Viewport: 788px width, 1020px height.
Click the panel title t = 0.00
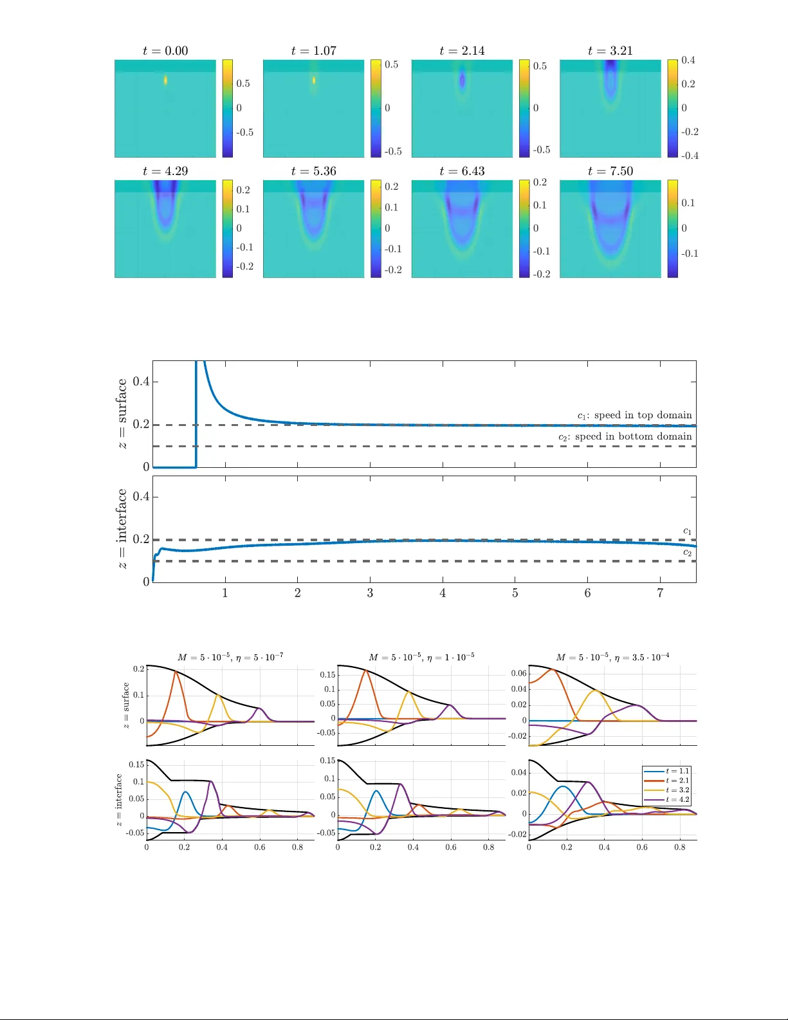point(165,51)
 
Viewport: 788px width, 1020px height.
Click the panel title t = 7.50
point(610,171)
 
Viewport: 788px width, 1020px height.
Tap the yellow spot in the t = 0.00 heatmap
point(165,80)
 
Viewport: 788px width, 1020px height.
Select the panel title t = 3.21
point(610,51)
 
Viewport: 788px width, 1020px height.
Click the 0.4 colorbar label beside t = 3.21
point(688,60)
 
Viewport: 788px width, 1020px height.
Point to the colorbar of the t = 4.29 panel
point(228,228)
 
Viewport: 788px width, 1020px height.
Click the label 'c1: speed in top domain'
point(634,415)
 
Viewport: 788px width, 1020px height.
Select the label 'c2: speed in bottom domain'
point(625,436)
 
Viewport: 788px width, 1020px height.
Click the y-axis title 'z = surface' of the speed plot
point(122,413)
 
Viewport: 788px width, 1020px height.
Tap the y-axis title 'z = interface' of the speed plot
point(122,528)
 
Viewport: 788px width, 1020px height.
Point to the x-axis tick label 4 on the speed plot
point(443,593)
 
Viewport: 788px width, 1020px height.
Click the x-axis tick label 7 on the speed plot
point(660,593)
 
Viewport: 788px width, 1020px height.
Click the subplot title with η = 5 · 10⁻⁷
point(230,657)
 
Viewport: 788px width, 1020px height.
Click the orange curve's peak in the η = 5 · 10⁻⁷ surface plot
point(176,672)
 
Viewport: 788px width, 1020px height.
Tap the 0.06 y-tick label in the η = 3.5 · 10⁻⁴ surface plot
point(518,673)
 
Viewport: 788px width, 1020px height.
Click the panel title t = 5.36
point(313,171)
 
